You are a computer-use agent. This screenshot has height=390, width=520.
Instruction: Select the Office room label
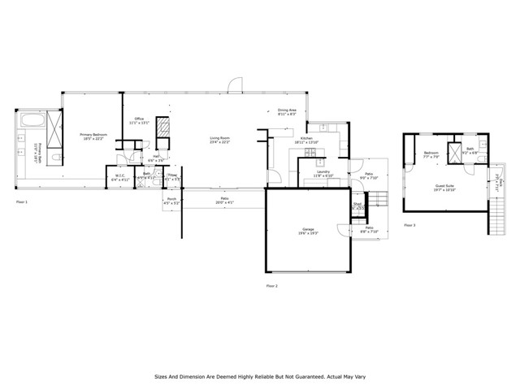[x=139, y=122]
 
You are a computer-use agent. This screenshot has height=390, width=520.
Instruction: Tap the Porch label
[x=171, y=200]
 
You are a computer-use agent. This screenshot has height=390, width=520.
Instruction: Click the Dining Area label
[x=287, y=111]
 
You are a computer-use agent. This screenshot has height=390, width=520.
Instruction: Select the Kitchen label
[x=306, y=140]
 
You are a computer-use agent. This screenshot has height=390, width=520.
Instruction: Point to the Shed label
[x=356, y=206]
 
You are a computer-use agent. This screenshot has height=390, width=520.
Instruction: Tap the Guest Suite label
[x=444, y=186]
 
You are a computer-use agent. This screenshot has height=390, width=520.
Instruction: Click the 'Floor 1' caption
[x=22, y=201]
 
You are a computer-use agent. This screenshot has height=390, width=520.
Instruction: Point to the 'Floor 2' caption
[x=272, y=286]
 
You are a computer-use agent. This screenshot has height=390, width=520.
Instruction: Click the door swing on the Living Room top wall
[x=235, y=84]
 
